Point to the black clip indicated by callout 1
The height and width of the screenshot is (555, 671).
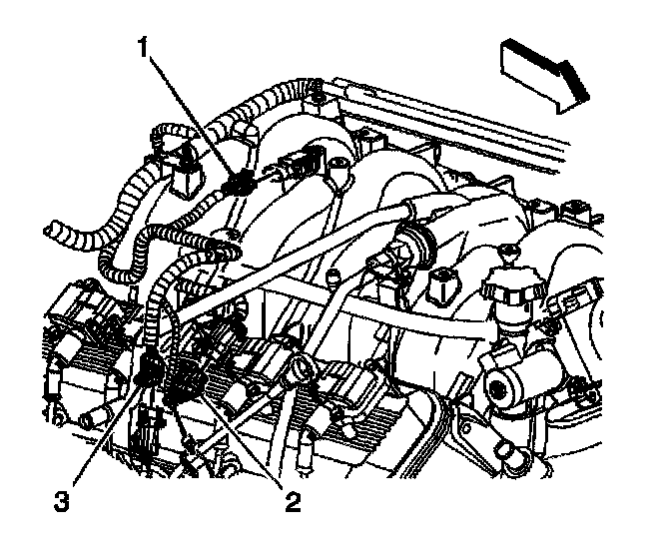pyautogui.click(x=239, y=184)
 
